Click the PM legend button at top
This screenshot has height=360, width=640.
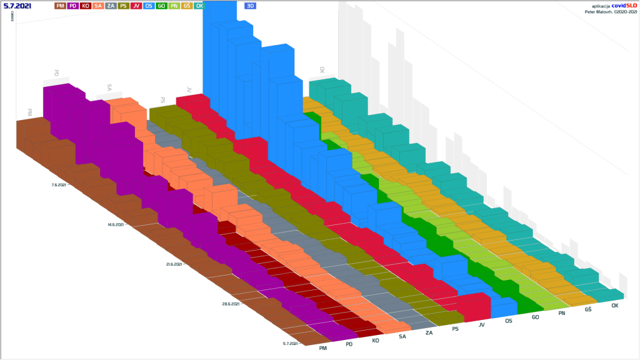tap(61, 6)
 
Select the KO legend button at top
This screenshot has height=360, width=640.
tap(86, 6)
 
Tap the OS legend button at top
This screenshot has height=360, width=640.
tap(149, 6)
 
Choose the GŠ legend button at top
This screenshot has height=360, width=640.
tap(187, 6)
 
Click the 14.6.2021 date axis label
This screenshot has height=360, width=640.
tap(116, 224)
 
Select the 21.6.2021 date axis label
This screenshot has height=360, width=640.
tap(174, 264)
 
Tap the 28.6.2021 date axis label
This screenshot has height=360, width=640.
tap(231, 304)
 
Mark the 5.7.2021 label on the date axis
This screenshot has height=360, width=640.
tap(291, 343)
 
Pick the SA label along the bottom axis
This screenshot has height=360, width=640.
tap(402, 336)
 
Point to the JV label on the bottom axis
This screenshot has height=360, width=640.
tap(481, 324)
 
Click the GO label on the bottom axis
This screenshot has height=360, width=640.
tap(535, 317)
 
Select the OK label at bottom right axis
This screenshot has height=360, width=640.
tap(614, 306)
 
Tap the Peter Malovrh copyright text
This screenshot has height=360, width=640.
tap(609, 11)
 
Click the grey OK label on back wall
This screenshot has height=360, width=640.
tap(322, 70)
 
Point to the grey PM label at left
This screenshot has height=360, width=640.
tap(29, 112)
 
